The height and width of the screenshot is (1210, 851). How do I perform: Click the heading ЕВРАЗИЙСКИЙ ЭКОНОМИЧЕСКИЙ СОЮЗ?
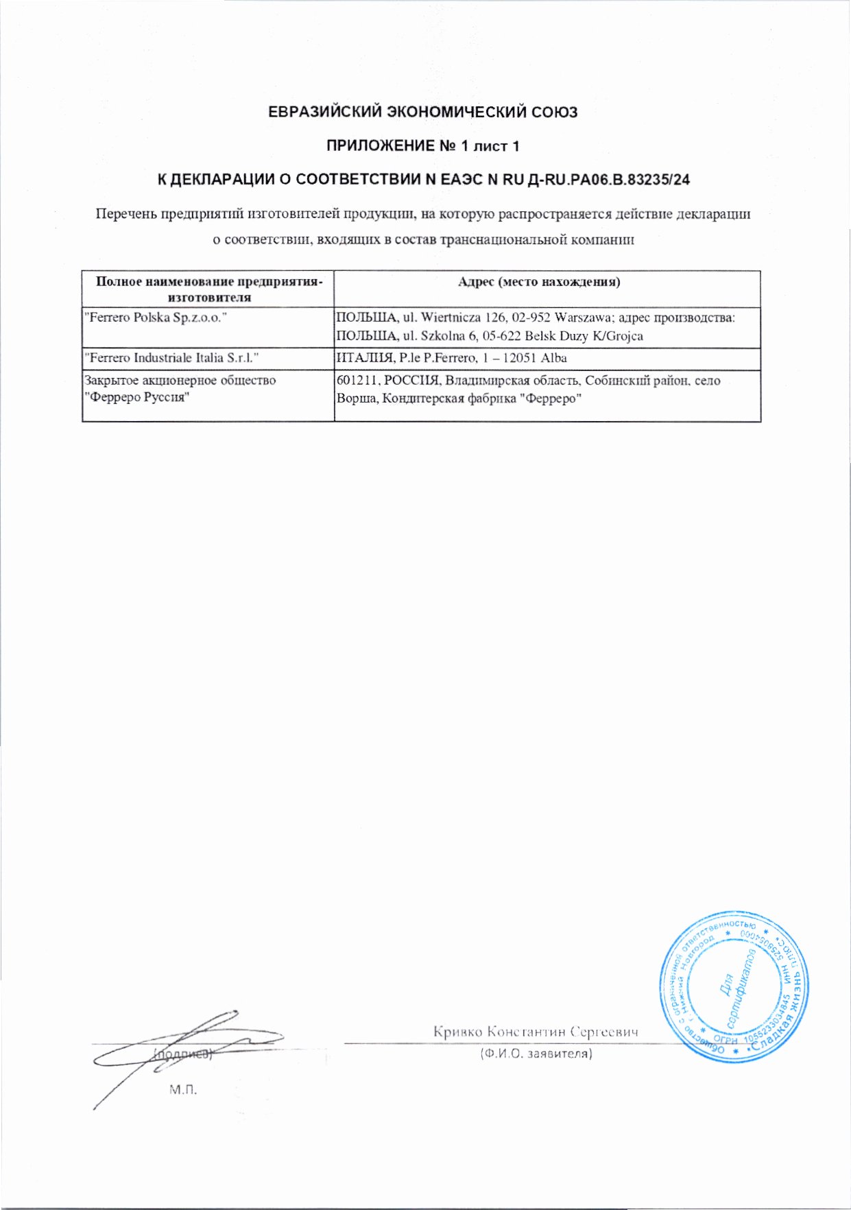422,112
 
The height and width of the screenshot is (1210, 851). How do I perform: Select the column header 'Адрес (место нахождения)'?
539,282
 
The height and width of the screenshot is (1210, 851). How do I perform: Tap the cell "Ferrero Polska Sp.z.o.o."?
155,318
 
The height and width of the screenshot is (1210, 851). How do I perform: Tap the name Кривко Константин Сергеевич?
536,1032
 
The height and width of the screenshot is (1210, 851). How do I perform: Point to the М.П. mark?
183,1089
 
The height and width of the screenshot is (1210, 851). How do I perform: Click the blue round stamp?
733,987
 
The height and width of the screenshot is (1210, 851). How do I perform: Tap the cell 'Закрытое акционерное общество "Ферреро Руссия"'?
179,389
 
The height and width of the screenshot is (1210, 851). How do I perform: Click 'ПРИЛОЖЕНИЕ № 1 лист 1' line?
422,146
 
